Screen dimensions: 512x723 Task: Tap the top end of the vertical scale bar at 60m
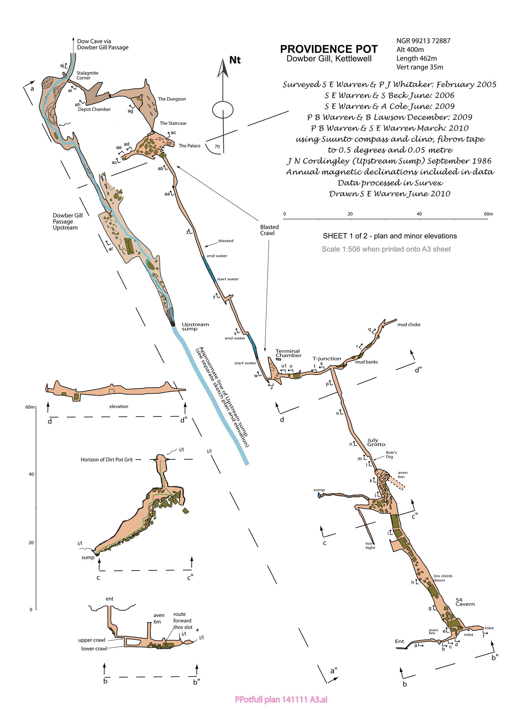pyautogui.click(x=36, y=407)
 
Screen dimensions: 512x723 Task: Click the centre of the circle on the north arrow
pyautogui.click(x=223, y=110)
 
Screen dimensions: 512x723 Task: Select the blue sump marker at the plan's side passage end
pyautogui.click(x=319, y=495)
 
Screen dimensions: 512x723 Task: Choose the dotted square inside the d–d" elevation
pyautogui.click(x=112, y=391)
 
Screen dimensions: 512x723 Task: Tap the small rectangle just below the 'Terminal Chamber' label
pyautogui.click(x=278, y=359)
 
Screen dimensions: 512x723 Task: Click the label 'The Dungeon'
pyautogui.click(x=172, y=99)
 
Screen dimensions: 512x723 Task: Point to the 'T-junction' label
pyautogui.click(x=327, y=359)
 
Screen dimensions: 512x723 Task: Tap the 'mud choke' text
pyautogui.click(x=409, y=325)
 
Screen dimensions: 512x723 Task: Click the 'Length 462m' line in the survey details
pyautogui.click(x=416, y=58)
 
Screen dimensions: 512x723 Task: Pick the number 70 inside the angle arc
pyautogui.click(x=217, y=147)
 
